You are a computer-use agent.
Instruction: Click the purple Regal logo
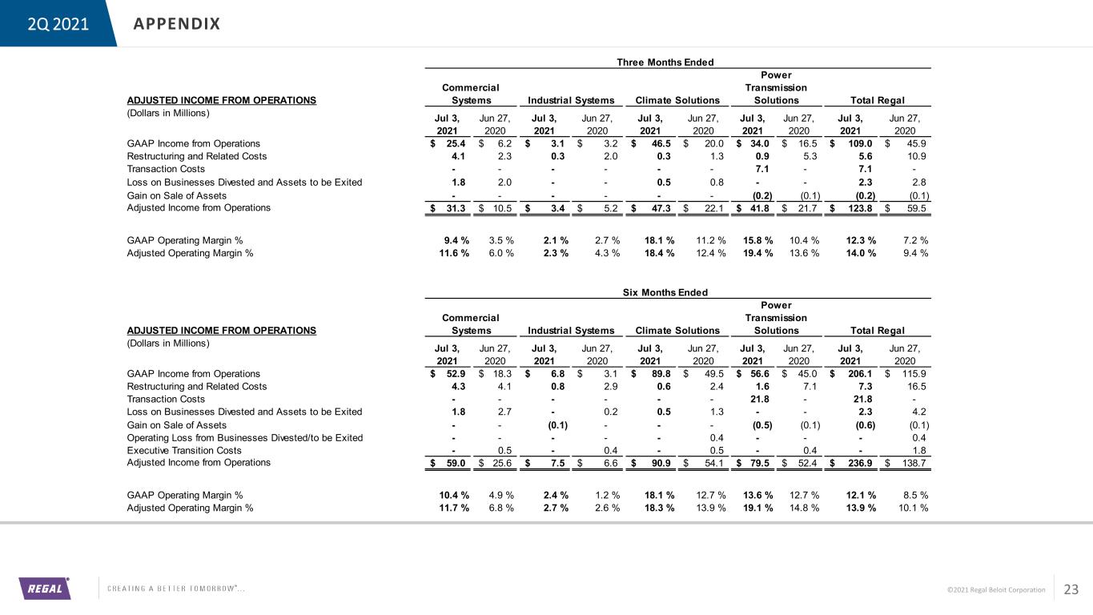pos(45,589)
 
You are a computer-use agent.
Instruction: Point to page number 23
pos(1071,589)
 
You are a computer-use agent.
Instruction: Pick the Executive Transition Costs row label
pos(184,450)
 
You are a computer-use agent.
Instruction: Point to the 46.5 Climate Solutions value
pos(661,144)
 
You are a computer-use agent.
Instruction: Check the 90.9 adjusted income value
pos(661,463)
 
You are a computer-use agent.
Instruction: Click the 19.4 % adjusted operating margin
pos(757,254)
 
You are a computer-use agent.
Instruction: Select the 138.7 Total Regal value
pos(914,463)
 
